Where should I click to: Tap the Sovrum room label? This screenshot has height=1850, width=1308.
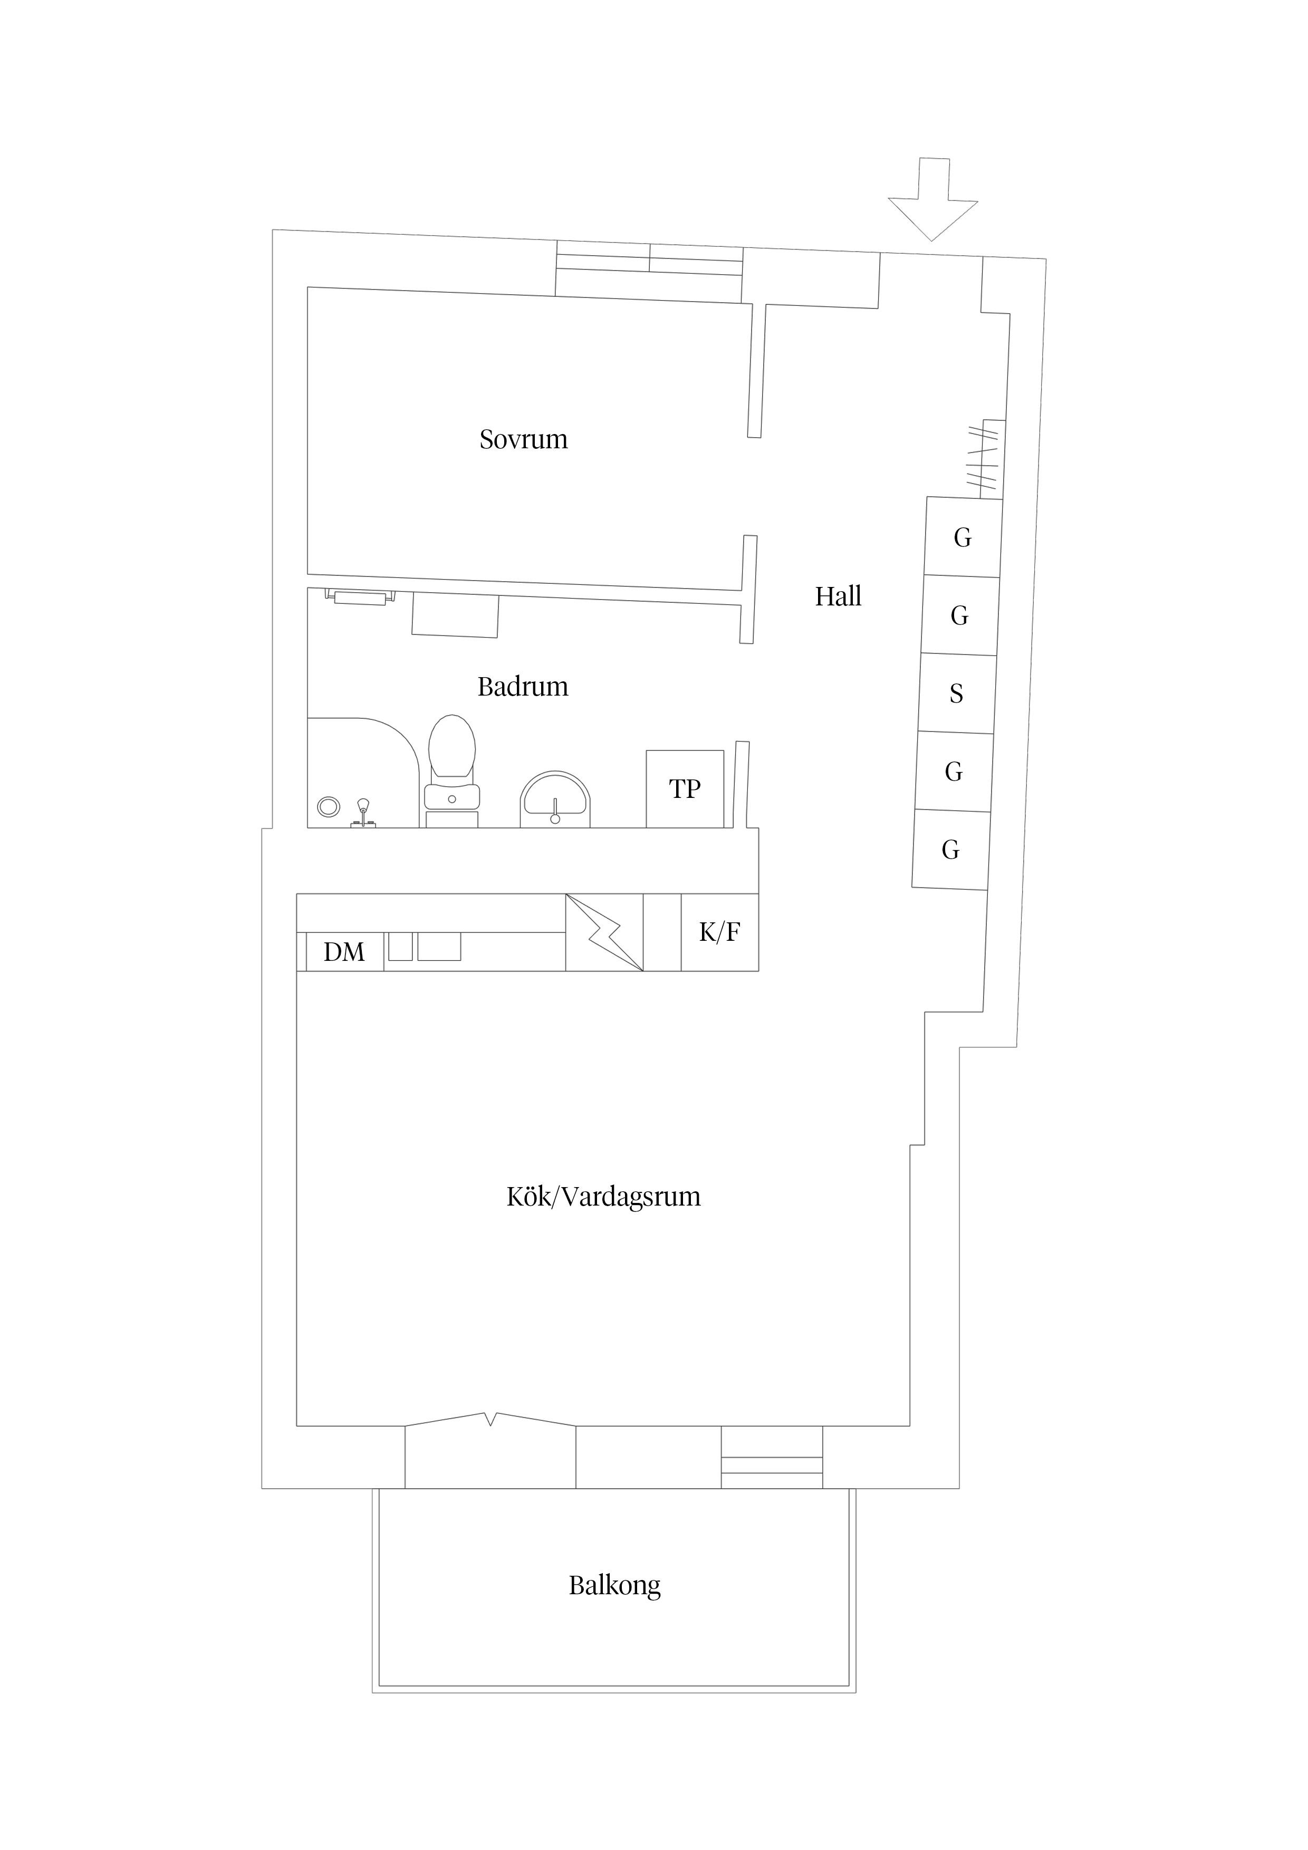tap(523, 439)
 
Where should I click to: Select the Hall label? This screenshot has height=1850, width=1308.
tap(838, 596)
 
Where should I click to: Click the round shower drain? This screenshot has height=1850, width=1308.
tap(328, 806)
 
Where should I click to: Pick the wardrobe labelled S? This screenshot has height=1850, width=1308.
tap(957, 693)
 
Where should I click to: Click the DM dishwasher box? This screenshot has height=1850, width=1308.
tap(344, 951)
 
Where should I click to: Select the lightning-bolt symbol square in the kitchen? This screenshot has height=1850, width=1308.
tap(603, 932)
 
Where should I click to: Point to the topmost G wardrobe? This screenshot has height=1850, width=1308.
tap(962, 537)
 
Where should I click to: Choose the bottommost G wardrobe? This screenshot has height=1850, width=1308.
tap(950, 849)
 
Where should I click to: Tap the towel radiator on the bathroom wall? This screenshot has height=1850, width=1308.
tap(360, 597)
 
